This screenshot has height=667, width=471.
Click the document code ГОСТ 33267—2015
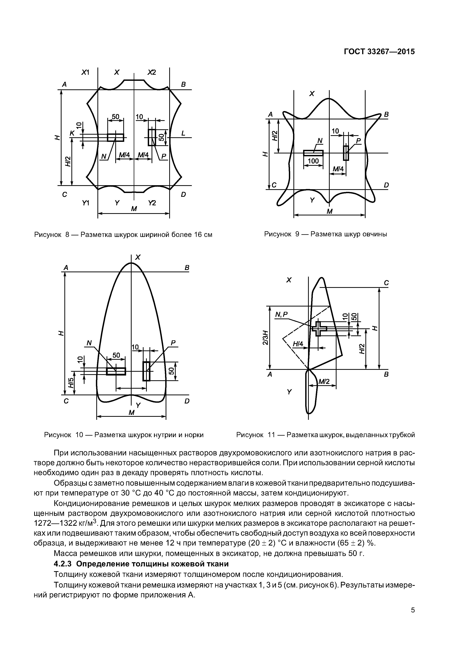tap(379, 52)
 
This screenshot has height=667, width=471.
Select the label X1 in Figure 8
tap(85, 72)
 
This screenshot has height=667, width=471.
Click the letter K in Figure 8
tap(72, 133)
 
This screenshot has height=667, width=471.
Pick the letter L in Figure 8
tap(183, 133)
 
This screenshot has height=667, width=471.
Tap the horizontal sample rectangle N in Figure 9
tap(313, 153)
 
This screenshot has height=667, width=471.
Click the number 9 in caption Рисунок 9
tap(297, 234)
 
